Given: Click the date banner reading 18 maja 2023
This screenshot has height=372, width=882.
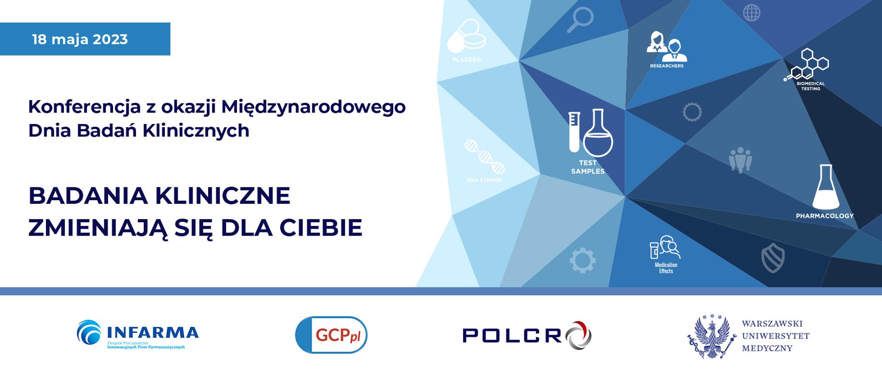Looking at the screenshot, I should tap(85, 39).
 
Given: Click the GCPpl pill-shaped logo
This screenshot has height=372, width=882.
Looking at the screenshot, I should tap(331, 335).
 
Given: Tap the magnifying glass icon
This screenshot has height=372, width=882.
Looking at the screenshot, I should tap(579, 21).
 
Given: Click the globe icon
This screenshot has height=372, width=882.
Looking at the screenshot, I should tap(752, 13).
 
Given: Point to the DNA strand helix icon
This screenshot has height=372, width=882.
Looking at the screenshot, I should tap(484, 157).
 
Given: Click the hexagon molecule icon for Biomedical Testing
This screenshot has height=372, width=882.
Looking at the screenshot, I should tap(808, 65).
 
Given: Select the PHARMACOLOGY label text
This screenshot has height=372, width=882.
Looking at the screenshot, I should tap(825, 216).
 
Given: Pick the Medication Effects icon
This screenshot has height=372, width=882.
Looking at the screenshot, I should tap(665, 248).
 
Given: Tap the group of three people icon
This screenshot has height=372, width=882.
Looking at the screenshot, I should tap(740, 159).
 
